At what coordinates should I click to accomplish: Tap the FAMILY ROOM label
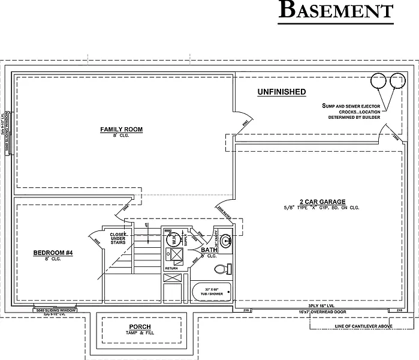pos(121,130)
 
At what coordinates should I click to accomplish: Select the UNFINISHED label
pos(281,92)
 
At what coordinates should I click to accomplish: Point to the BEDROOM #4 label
pos(53,253)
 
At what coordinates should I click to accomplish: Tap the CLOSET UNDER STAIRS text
pos(117,238)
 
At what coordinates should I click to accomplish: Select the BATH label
pos(209,250)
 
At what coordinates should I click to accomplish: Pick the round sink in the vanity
pos(227,241)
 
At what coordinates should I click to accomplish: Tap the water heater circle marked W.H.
pos(170,238)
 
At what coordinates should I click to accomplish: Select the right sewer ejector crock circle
pos(396,80)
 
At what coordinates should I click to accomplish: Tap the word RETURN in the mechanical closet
pos(171,268)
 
